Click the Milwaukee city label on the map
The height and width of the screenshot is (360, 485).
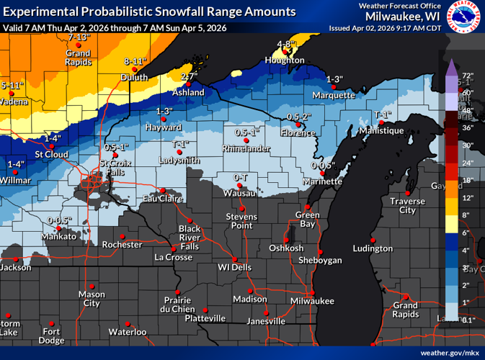(x=313, y=300)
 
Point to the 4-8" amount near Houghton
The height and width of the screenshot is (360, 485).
(x=286, y=44)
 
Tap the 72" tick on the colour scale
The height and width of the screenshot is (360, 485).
(x=467, y=76)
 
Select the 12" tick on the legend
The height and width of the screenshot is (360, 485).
(x=467, y=198)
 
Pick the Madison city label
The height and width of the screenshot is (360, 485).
(x=250, y=300)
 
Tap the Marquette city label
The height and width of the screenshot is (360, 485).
(x=334, y=95)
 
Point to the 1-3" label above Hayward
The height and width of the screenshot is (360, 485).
(x=164, y=111)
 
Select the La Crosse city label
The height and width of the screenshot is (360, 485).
(x=173, y=257)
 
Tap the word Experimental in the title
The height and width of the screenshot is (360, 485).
(x=41, y=12)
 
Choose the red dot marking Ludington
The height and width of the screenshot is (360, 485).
(x=373, y=240)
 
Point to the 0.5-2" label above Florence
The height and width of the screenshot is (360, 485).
(x=298, y=117)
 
